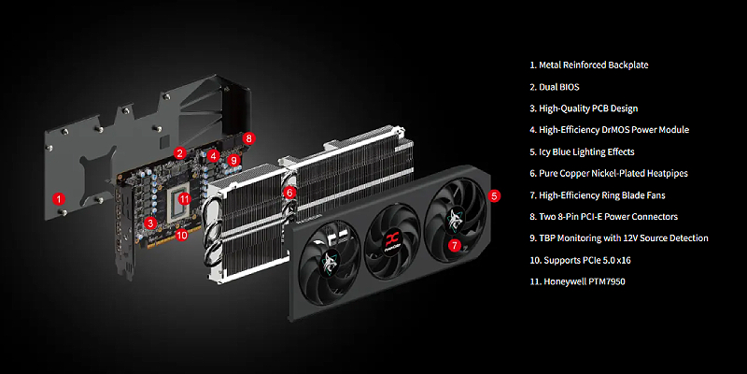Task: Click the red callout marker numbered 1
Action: coord(58,198)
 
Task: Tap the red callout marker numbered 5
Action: coord(495,195)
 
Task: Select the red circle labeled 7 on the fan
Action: coord(455,245)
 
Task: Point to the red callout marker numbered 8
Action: coord(248,138)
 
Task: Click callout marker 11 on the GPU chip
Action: coord(184,199)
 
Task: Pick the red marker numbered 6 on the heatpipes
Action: coord(289,193)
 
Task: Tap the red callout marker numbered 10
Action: coord(181,235)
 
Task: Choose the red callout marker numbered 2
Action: coord(179,153)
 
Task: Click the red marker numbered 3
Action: coord(150,223)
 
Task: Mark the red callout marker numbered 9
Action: coord(233,160)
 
